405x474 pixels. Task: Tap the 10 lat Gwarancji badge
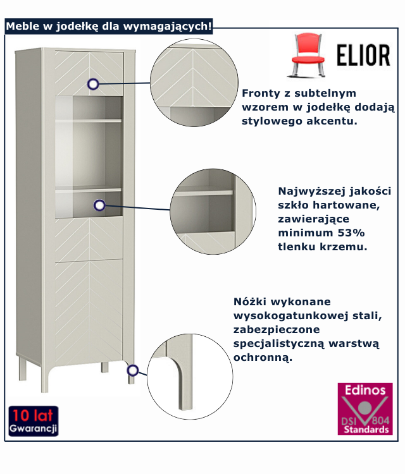34,422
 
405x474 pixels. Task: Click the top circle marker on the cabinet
94,83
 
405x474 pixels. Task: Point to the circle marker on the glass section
99,205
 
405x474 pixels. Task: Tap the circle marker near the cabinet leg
132,370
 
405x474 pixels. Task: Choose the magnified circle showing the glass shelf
211,211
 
